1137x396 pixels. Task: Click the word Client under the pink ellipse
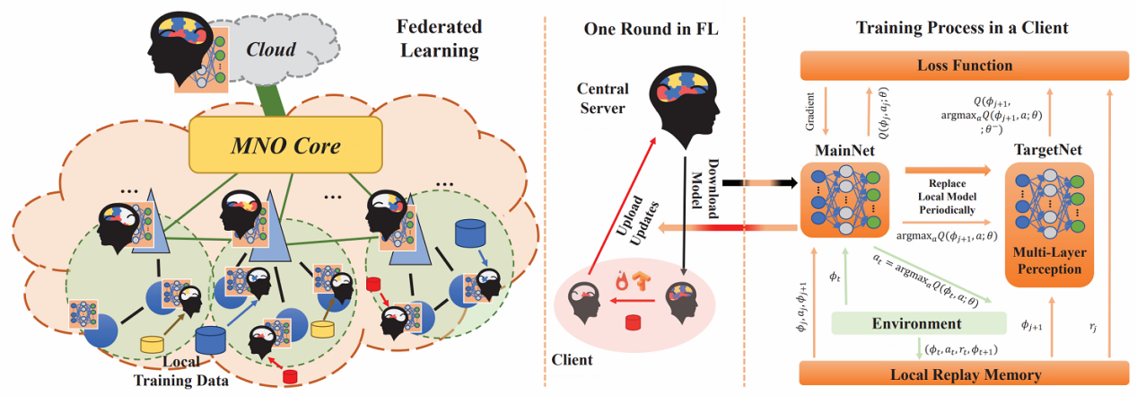pyautogui.click(x=571, y=360)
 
